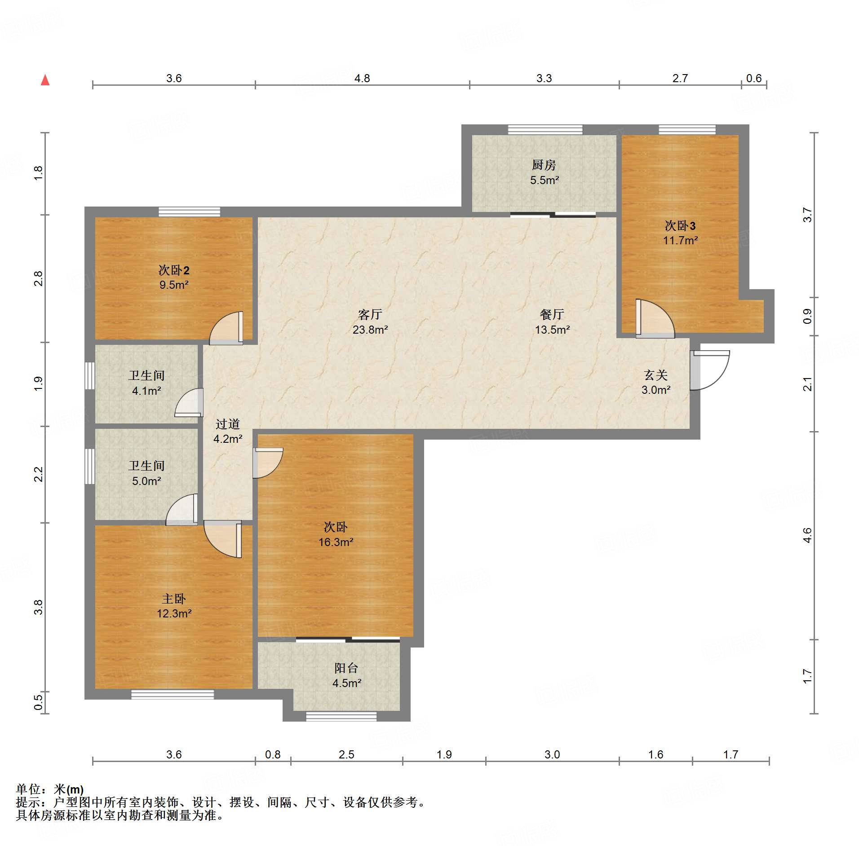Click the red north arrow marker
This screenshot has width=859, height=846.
coord(45,80)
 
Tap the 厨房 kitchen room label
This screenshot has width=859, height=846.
coord(544,165)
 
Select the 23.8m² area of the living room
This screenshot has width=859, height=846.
coord(370,330)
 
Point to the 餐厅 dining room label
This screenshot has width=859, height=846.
coord(552,314)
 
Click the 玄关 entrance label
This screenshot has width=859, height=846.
coord(656,375)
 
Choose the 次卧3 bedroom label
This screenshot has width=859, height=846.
coord(680,225)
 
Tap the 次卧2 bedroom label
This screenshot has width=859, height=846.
coord(174,270)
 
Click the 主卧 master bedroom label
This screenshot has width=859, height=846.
coord(174,599)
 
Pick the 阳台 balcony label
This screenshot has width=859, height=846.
coord(346,668)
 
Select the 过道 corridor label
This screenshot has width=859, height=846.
coord(228,424)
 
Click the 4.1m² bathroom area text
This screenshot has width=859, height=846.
coord(146,391)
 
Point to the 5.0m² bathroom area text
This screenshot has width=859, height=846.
coord(146,481)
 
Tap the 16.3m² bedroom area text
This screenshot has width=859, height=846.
coord(336,542)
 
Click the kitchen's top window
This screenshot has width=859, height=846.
coord(545,130)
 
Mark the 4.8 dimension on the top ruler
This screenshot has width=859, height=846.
coord(362,78)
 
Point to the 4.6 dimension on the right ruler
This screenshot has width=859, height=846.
coord(807,535)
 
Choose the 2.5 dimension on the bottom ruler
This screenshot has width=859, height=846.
coord(346,754)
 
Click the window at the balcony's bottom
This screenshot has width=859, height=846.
coord(341,716)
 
